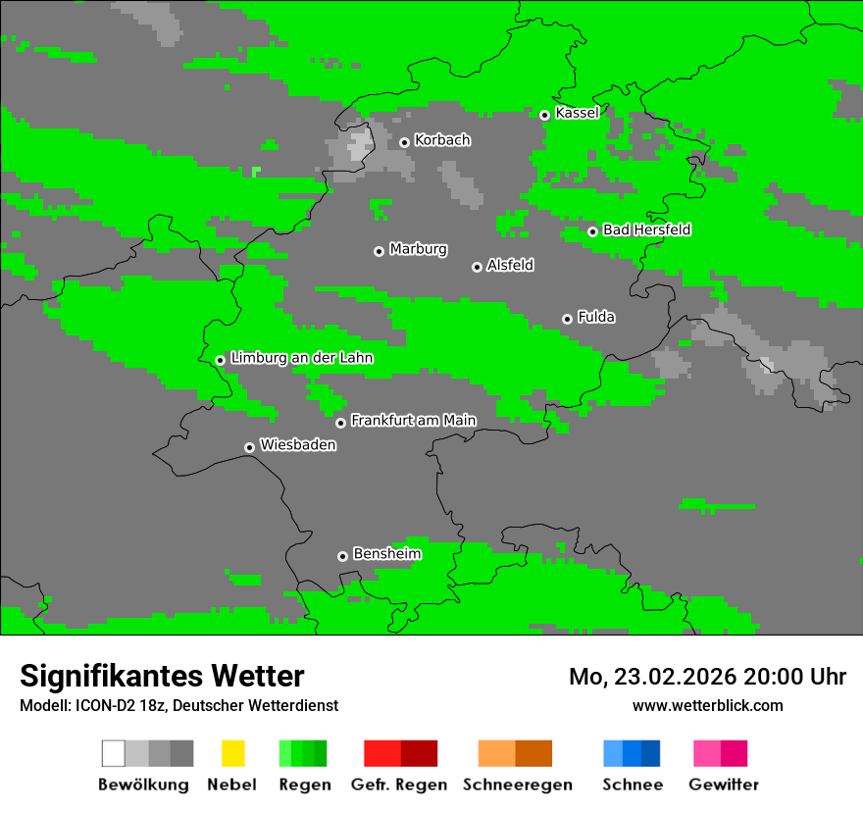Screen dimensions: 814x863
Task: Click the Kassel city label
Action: (x=577, y=113)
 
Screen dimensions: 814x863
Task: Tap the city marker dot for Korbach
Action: (x=404, y=142)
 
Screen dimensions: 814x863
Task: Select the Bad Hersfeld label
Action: (x=646, y=229)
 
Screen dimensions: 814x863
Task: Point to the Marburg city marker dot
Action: (x=379, y=251)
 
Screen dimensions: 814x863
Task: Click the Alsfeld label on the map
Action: (x=510, y=265)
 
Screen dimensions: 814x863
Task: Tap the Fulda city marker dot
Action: (x=567, y=319)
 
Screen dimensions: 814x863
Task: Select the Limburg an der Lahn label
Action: (x=301, y=358)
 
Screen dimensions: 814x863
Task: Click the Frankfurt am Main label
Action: (x=413, y=421)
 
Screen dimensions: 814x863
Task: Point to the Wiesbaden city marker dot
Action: (x=249, y=447)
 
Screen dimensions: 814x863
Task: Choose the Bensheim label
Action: (x=386, y=554)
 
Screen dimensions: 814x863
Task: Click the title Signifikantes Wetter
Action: (x=162, y=677)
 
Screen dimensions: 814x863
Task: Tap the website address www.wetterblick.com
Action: (x=707, y=705)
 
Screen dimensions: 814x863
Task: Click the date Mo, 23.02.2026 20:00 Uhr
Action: (x=707, y=677)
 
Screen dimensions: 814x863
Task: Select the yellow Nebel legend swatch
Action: (x=232, y=753)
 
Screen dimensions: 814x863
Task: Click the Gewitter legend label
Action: (x=724, y=785)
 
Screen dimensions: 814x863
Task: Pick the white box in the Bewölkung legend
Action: (x=114, y=753)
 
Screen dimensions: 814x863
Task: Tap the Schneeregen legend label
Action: (x=518, y=785)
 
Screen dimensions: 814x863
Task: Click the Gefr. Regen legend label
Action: (x=399, y=785)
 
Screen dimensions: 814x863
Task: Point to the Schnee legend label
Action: (x=633, y=785)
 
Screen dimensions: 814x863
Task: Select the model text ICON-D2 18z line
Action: (x=178, y=705)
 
